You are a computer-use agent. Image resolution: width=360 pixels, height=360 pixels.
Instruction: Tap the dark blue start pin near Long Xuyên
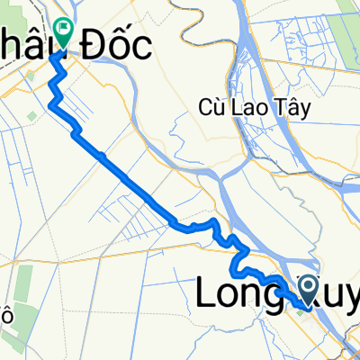[x=308, y=289]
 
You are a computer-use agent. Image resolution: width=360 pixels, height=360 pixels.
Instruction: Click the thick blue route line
[x=135, y=184]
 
